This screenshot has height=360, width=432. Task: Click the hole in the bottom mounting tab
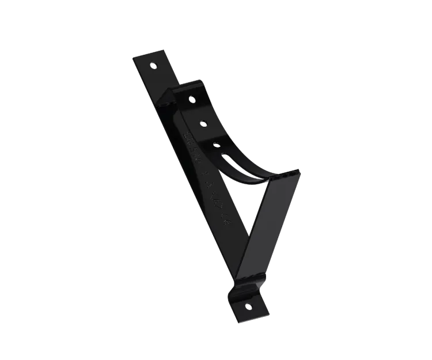248,305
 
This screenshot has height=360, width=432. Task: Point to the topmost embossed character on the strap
187,137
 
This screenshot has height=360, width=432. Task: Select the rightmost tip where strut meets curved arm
300,171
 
